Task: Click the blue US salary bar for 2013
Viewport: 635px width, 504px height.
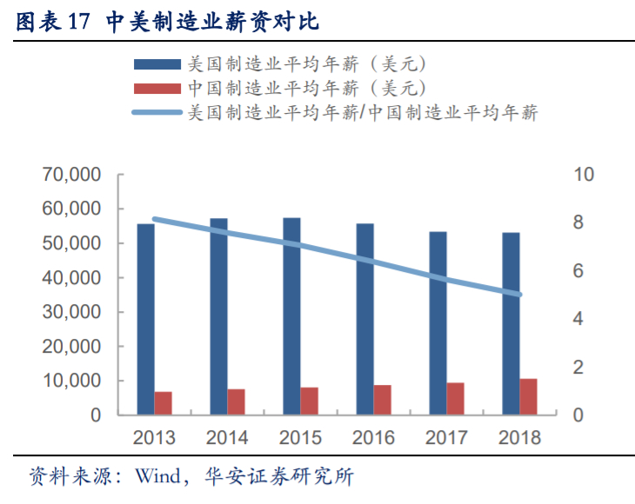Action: tap(145, 319)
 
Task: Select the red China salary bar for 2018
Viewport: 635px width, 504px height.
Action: tap(528, 397)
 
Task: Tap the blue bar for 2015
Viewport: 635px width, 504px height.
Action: tap(291, 316)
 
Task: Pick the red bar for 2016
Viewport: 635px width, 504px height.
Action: tap(382, 400)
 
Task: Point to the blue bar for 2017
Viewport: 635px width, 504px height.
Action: tap(438, 323)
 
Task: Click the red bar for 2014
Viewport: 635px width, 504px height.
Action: tap(236, 401)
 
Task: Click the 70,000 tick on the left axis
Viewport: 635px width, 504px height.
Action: tap(72, 176)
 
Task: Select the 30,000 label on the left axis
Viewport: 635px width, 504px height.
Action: tap(72, 312)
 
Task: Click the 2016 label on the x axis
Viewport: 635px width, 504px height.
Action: tap(373, 437)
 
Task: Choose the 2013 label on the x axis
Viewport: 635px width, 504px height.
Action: tap(154, 437)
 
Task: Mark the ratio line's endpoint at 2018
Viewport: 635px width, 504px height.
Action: tap(519, 295)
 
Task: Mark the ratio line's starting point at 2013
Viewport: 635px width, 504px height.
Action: tap(155, 220)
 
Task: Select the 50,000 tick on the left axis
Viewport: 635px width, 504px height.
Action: tap(72, 244)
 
